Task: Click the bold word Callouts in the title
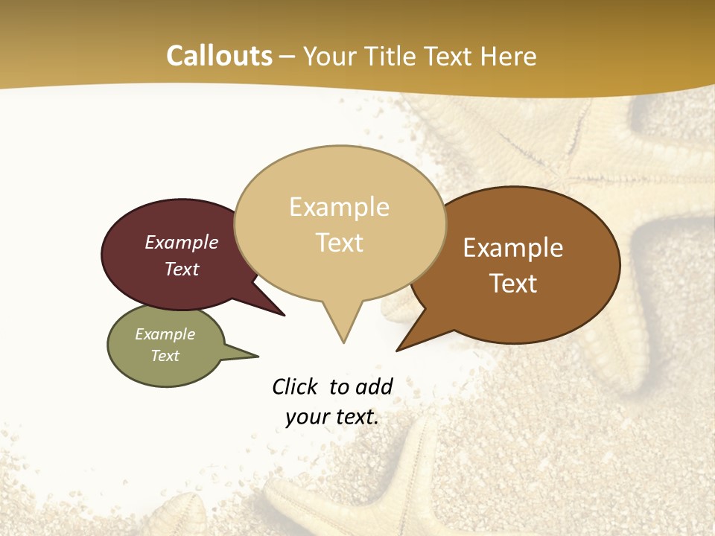tap(219, 56)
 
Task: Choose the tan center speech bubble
tap(340, 275)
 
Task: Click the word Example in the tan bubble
tap(340, 207)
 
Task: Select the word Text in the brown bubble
tap(513, 284)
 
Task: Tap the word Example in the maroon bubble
tap(182, 243)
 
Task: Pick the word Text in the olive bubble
tap(165, 356)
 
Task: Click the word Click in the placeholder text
tap(295, 386)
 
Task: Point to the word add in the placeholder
tap(374, 386)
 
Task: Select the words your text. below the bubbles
tap(332, 417)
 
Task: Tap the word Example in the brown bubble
tap(513, 248)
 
